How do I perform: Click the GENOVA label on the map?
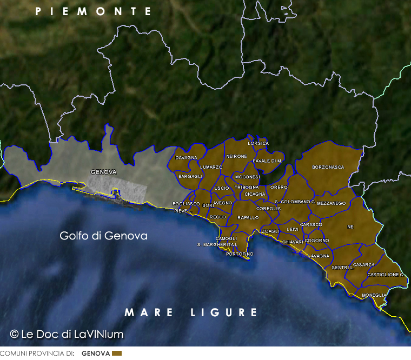click(x=103, y=172)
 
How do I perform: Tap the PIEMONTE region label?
click(x=93, y=11)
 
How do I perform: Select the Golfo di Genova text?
click(x=103, y=236)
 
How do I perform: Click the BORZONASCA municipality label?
click(x=328, y=168)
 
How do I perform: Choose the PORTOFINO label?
click(x=240, y=254)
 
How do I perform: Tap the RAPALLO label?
click(x=248, y=217)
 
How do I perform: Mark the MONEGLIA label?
click(x=374, y=295)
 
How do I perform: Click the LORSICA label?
click(x=258, y=143)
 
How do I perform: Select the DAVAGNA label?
click(x=186, y=158)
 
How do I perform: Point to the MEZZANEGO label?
click(x=331, y=203)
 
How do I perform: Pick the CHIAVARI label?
click(x=293, y=242)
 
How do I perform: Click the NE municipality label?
click(x=350, y=227)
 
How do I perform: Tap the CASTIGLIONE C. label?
click(x=386, y=275)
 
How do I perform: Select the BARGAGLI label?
click(x=190, y=176)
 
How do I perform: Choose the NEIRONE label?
click(x=236, y=157)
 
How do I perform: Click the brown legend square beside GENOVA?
click(x=117, y=354)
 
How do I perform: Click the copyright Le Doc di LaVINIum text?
click(x=67, y=334)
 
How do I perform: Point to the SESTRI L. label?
click(x=342, y=268)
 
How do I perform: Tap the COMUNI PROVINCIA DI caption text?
click(x=37, y=354)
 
